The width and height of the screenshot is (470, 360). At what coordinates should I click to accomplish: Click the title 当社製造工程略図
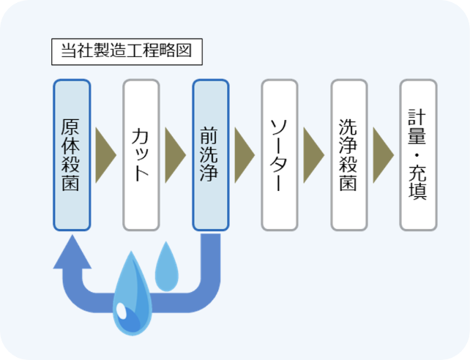click(126, 52)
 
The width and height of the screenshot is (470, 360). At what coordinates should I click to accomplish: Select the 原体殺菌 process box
click(72, 154)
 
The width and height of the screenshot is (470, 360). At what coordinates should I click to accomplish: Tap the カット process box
click(141, 154)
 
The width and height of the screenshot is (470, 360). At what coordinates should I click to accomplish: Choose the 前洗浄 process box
click(211, 154)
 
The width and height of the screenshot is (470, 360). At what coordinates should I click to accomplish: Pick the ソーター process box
click(280, 154)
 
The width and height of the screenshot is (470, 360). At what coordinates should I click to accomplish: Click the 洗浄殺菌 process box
click(349, 154)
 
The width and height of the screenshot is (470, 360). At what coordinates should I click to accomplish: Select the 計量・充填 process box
click(418, 154)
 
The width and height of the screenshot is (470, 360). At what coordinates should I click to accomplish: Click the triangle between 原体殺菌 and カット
click(106, 155)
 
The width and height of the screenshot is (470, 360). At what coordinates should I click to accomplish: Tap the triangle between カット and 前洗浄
click(175, 155)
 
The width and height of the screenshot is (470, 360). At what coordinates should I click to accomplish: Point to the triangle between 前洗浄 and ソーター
click(245, 155)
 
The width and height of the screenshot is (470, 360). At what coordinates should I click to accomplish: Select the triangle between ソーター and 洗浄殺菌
click(313, 155)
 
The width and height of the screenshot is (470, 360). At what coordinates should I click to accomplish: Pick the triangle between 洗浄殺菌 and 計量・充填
click(383, 155)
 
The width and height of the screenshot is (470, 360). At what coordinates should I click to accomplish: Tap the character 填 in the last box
click(418, 191)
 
